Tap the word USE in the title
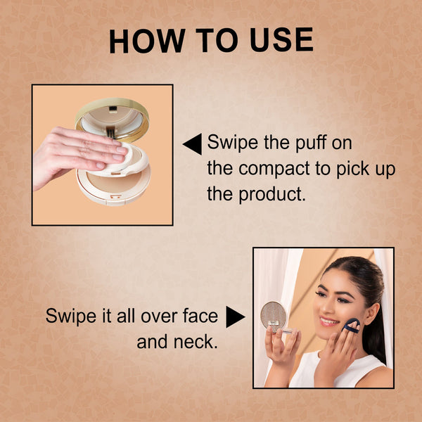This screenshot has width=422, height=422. pos(281,40)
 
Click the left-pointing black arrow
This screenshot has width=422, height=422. pos(192,144)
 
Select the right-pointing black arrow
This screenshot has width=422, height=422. pos(236,316)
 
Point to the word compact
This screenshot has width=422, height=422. pos(274,170)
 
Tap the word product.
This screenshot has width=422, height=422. pos(272,194)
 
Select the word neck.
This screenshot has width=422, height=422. pos(196,341)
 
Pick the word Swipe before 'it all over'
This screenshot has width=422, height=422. pos(71,316)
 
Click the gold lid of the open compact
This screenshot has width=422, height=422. pos(113,120)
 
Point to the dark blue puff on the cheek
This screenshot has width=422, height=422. pos(352,326)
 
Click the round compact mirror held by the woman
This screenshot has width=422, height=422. pos(274,315)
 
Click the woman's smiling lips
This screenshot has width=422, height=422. pos(329,321)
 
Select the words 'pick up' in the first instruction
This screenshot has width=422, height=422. pos(366,170)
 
